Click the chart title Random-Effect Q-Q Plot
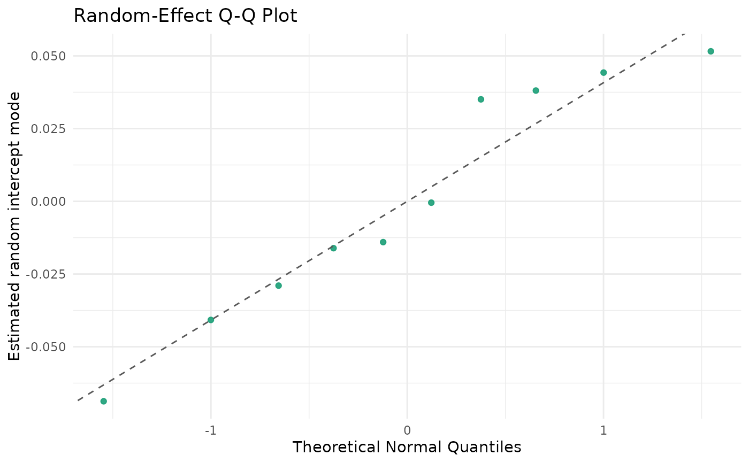tap(185, 16)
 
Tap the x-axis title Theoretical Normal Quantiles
tap(407, 447)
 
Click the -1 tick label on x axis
tap(211, 430)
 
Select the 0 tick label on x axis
tap(407, 430)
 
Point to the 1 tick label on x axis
tap(603, 430)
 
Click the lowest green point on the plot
tap(104, 401)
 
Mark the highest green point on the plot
tap(710, 51)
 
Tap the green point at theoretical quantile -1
tap(211, 320)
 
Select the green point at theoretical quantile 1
tap(603, 73)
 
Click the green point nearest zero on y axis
tap(431, 203)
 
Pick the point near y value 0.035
tap(481, 99)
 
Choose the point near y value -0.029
tap(279, 285)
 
